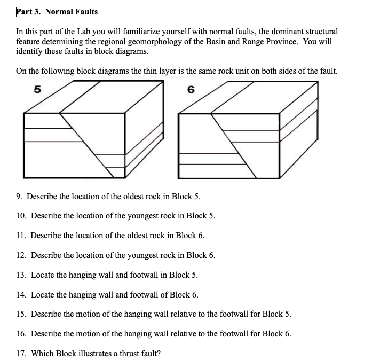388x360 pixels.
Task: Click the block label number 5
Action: [x=37, y=90]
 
